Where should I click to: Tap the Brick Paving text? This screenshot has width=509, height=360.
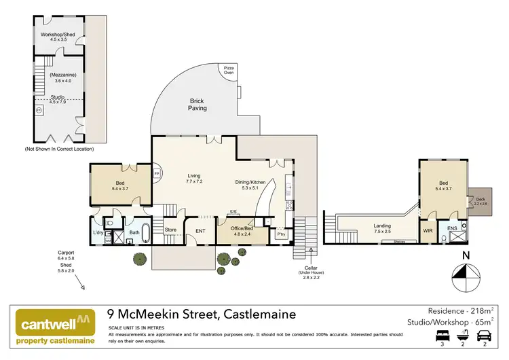pyautogui.click(x=198, y=104)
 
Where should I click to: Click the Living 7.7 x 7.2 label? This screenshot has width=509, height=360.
pyautogui.click(x=195, y=179)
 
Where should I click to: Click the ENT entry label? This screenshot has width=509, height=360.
pyautogui.click(x=201, y=231)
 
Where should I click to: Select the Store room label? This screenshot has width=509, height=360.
pyautogui.click(x=171, y=230)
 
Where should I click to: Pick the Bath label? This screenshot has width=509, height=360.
pyautogui.click(x=134, y=232)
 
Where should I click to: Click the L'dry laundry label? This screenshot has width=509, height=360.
pyautogui.click(x=98, y=233)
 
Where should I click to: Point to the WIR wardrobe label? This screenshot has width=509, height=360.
pyautogui.click(x=428, y=230)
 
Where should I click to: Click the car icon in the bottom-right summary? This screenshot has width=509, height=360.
pyautogui.click(x=483, y=334)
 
